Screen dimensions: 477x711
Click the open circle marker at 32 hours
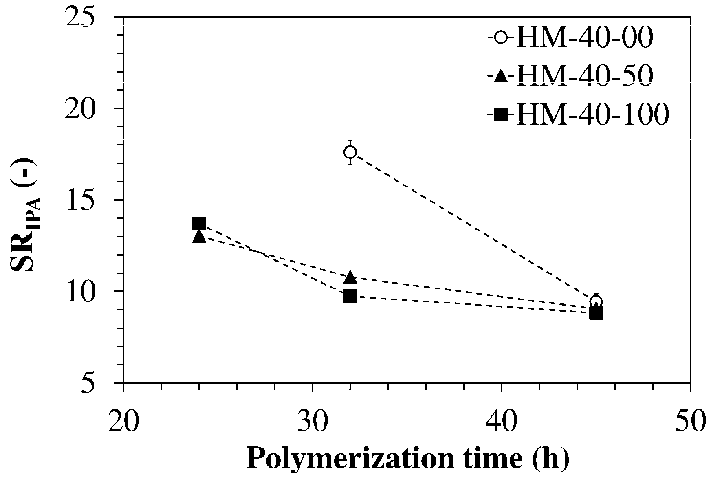tap(350, 152)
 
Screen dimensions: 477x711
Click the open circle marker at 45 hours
tap(596, 302)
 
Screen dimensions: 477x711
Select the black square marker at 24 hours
tap(199, 223)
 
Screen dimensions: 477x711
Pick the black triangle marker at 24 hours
tap(199, 236)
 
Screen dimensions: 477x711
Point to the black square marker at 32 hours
tap(350, 296)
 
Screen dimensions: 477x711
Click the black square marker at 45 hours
tap(596, 313)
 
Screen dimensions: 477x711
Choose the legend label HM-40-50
tap(585, 76)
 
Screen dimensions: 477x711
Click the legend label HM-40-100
tap(592, 115)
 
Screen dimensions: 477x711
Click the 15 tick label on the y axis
tap(90, 200)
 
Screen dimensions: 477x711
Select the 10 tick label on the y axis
tap(90, 291)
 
